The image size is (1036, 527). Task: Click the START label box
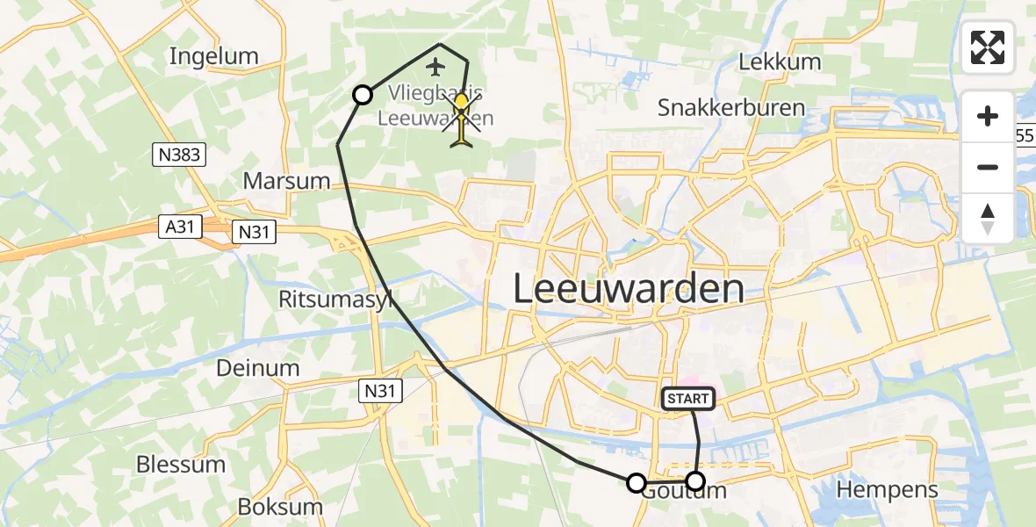point(687,399)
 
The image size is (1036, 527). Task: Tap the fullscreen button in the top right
point(988,47)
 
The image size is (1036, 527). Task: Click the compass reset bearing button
point(988,219)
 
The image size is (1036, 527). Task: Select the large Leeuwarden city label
point(628,288)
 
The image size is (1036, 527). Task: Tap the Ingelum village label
point(214,56)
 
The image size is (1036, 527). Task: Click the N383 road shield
point(178,155)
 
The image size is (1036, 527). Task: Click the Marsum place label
point(287,181)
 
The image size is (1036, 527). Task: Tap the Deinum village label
point(258,367)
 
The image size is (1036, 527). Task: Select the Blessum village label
point(180,464)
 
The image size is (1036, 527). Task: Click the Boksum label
point(280,507)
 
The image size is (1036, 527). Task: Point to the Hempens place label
point(888,489)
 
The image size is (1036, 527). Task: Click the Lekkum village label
point(780,61)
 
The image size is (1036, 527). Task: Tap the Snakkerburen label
point(730,108)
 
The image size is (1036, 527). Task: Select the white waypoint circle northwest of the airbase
point(363,95)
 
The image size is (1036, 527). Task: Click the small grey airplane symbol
point(435,66)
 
